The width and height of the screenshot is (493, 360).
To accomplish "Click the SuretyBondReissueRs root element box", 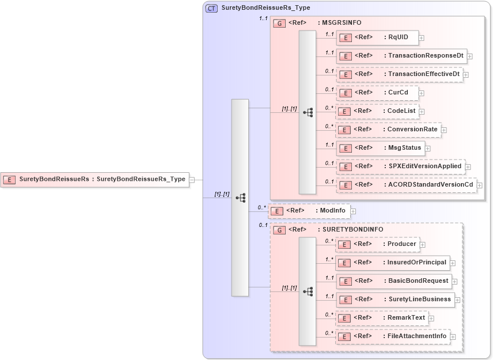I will [95, 179].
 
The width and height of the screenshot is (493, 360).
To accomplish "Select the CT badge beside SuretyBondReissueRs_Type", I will [211, 8].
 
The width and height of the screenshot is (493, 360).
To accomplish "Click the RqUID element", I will [377, 37].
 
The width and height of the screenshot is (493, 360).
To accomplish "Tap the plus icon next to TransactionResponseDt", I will [470, 56].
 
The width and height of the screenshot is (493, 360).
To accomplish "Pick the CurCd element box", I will [377, 93].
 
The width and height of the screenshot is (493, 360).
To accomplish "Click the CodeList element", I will [377, 111].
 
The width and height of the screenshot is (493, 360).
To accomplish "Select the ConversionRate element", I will [388, 130].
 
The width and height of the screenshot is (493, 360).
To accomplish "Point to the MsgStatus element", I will [380, 148].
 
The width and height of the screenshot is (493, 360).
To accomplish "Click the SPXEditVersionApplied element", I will [400, 166].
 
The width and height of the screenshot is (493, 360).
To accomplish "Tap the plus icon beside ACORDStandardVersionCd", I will [479, 185].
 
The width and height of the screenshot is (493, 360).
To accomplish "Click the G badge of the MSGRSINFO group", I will [279, 23].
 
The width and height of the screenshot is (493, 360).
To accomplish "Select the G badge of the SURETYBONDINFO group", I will [279, 230].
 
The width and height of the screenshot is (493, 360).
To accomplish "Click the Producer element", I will [377, 244].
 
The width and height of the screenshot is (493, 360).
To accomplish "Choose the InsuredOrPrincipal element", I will [393, 263].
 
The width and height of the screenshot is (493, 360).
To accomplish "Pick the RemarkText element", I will [381, 318].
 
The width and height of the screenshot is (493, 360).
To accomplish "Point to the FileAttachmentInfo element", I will [392, 336].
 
